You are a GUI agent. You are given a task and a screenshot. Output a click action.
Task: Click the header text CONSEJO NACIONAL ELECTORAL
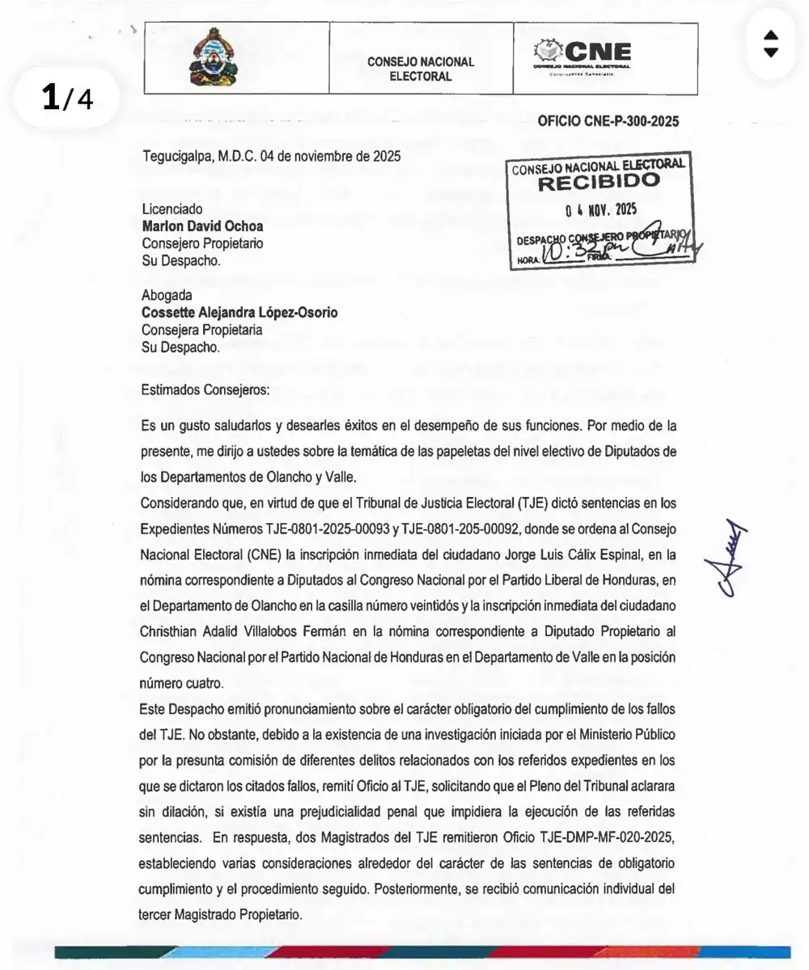[x=421, y=69]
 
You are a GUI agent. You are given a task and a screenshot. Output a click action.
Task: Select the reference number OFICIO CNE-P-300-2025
[x=608, y=122]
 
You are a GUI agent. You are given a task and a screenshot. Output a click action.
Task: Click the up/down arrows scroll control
[x=770, y=44]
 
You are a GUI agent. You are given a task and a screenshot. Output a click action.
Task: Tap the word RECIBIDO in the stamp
[x=599, y=182]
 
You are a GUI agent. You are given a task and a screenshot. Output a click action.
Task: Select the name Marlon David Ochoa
[x=202, y=226]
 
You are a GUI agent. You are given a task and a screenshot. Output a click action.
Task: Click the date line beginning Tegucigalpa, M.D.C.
[x=271, y=157]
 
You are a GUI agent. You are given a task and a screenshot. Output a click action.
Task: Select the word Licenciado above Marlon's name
[x=172, y=209]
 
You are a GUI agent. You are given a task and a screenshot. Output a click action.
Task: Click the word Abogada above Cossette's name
[x=167, y=296]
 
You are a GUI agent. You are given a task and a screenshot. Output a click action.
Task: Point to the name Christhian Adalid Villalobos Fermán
[x=267, y=630]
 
